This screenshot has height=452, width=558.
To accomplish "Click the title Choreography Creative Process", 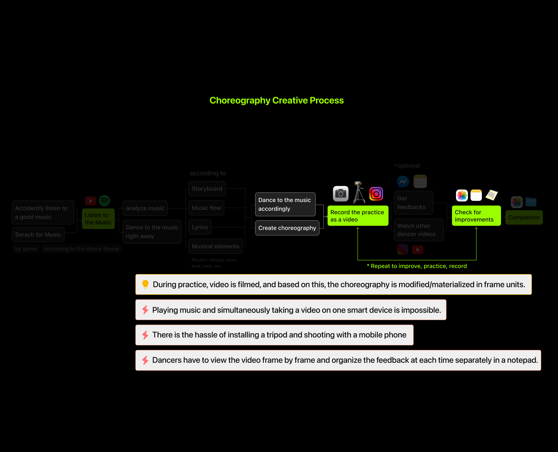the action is coord(276,100).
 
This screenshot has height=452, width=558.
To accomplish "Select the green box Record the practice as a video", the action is coord(358,216).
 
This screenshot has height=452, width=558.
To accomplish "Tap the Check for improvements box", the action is coord(476,216).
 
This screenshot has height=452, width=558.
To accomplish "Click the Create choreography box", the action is coord(287,228).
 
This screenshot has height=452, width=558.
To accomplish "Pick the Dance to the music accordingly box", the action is coord(285,204).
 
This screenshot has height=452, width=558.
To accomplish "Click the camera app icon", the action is coord(341,194).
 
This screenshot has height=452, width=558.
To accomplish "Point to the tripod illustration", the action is coord(359,192).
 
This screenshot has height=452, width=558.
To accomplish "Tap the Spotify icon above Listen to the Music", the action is coord(104,201).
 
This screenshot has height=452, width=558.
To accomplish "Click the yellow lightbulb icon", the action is coord(145,284).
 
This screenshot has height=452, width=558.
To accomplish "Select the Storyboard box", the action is coord(207,189).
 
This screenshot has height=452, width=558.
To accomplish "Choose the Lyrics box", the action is coord(200,227).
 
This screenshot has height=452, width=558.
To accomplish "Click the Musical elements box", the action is coord(215,246).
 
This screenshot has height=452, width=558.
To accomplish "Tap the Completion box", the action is coord(524,217).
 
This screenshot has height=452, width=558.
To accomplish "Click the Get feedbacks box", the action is coord(413,203).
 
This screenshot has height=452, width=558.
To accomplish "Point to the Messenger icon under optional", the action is coord(403,182).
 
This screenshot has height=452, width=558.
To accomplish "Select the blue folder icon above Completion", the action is coord(531,202).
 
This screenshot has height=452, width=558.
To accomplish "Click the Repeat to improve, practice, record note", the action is coord(417,266).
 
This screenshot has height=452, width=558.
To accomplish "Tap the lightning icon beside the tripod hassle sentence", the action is coord(145,335).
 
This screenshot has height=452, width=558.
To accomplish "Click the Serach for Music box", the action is coord(38,235).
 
